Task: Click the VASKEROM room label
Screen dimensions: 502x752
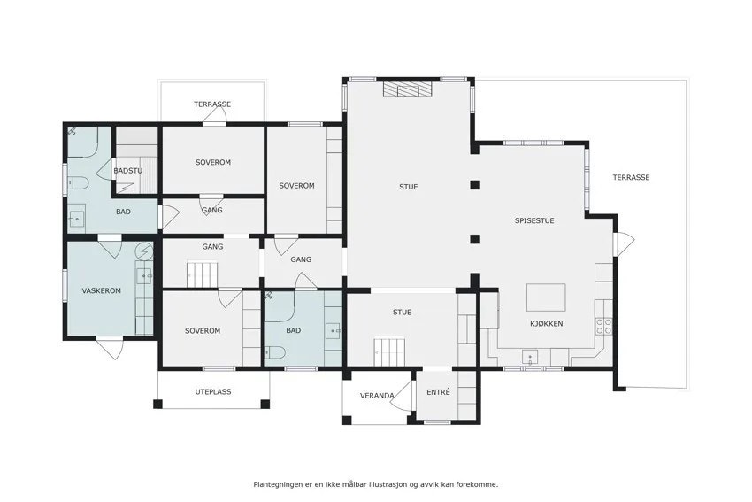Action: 101,290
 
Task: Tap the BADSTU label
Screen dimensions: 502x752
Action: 128,170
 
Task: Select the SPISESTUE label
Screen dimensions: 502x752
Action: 534,220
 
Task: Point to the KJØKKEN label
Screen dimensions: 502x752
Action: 546,323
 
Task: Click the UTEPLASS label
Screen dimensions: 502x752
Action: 212,390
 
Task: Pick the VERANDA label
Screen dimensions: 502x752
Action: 376,396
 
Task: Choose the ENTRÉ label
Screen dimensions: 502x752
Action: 438,391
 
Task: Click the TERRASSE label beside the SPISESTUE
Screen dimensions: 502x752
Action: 631,177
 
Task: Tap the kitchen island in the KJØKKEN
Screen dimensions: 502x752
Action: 546,296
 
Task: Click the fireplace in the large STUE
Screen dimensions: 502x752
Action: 408,89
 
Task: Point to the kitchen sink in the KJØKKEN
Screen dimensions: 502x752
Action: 532,358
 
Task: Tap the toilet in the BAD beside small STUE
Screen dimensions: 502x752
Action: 274,352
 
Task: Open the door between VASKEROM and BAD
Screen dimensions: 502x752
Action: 110,245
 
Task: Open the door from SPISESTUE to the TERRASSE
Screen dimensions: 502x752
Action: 624,242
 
